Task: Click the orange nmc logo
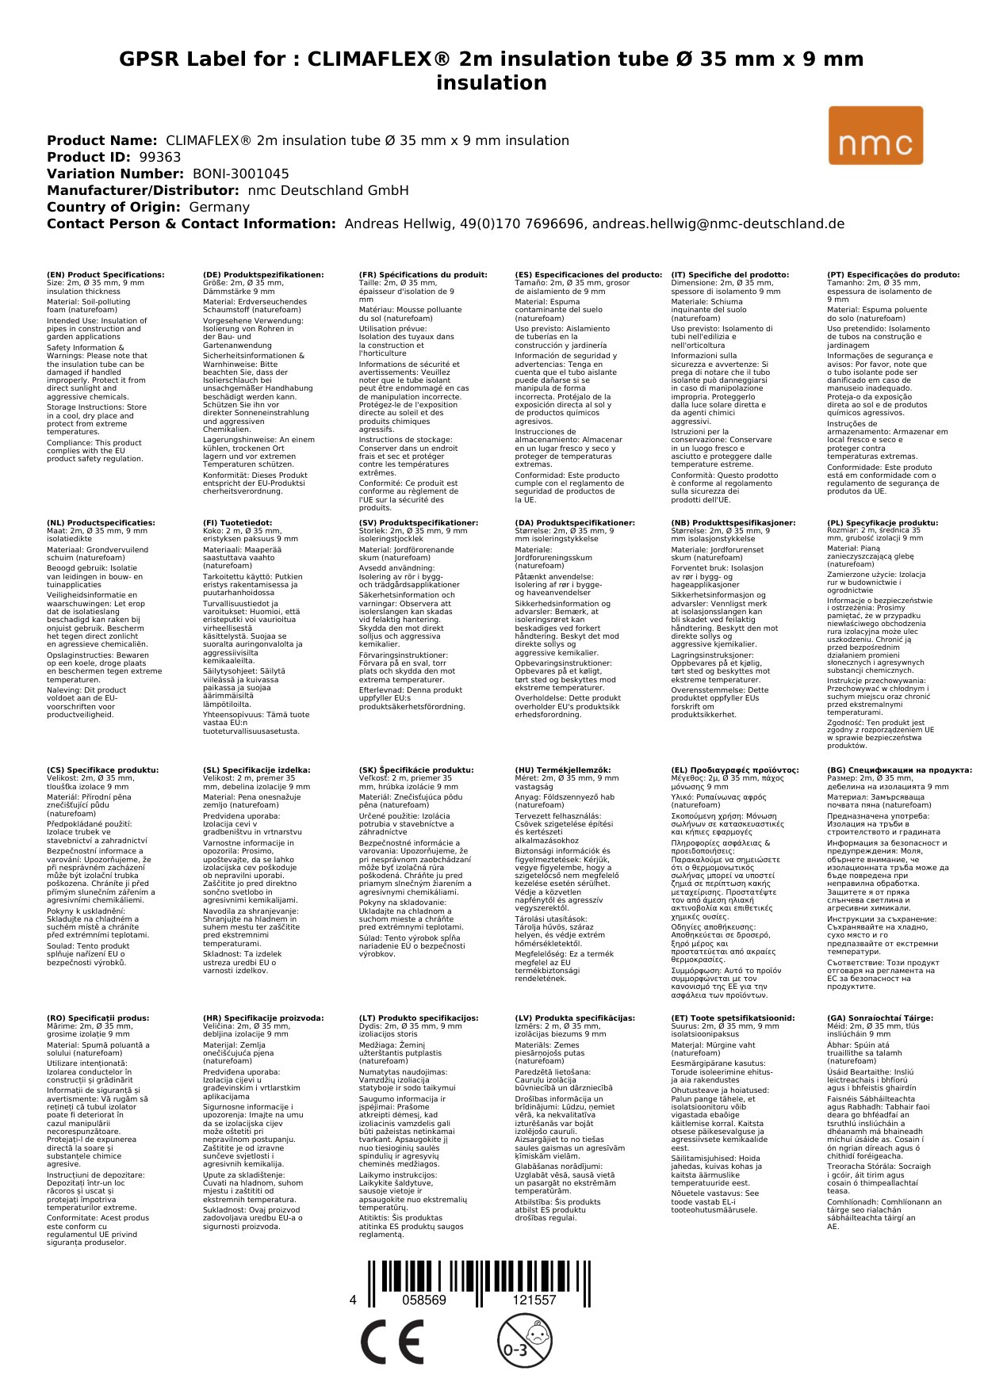coord(875,136)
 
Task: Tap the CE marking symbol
coord(392,1342)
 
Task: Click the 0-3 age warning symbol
coord(523,1341)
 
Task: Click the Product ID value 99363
coord(160,157)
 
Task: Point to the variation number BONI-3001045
coord(241,174)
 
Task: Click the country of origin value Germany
coord(219,207)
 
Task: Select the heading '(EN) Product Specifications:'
coord(105,275)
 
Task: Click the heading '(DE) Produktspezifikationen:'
coord(263,275)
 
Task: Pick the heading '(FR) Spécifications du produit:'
coord(423,275)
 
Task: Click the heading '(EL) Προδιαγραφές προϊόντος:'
coord(735,770)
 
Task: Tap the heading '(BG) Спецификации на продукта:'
coord(899,770)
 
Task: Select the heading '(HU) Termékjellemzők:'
coord(563,770)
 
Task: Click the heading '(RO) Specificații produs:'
coord(98,1018)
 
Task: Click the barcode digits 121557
coord(534,1300)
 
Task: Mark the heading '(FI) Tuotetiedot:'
coord(237,523)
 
